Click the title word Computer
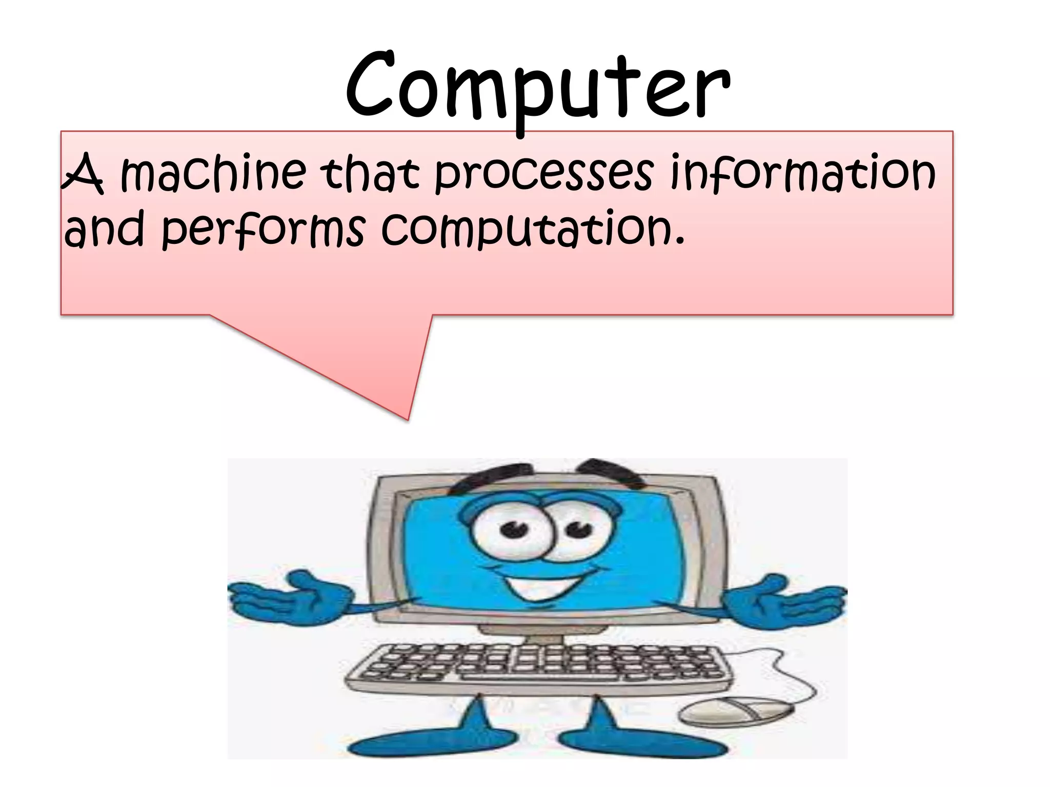[537, 87]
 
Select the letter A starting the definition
[82, 174]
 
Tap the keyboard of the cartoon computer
[538, 666]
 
